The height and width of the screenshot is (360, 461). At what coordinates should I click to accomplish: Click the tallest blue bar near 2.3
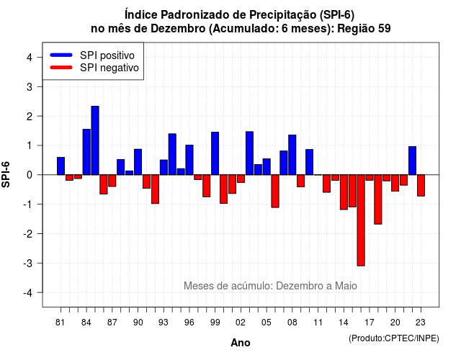tap(95, 140)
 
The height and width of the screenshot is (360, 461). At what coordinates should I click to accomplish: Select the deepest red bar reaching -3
tap(361, 220)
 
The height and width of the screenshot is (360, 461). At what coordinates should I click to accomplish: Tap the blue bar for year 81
tap(61, 166)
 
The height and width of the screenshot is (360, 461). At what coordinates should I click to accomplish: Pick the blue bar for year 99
tap(215, 153)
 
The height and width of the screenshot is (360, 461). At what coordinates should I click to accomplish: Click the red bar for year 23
tap(421, 186)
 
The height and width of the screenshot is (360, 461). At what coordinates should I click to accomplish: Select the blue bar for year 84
tap(86, 152)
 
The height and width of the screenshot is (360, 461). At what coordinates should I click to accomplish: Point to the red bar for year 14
tap(344, 192)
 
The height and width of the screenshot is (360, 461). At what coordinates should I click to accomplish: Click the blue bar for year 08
tap(292, 155)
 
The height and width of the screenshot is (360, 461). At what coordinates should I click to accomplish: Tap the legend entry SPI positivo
tap(92, 55)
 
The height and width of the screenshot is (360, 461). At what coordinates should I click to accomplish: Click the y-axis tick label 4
tap(30, 58)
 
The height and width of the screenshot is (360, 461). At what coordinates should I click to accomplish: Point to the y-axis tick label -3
tap(27, 263)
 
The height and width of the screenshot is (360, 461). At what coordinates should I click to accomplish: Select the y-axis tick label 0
tap(30, 175)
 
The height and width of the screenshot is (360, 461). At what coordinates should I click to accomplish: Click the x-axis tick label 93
tap(164, 323)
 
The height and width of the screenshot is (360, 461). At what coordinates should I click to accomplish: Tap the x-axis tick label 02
tap(241, 323)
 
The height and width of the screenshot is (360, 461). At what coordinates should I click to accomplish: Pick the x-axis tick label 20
tap(395, 323)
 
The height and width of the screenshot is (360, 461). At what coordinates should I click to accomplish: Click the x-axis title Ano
tap(241, 343)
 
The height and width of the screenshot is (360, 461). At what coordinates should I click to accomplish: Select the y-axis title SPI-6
tap(6, 174)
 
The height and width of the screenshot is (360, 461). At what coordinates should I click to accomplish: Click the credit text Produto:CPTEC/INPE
tap(394, 338)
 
